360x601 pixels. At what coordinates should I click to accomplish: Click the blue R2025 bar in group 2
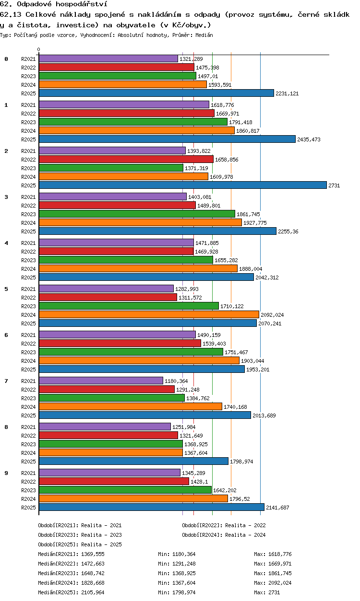[x=183, y=185]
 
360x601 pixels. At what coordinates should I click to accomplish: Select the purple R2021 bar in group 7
[x=101, y=381]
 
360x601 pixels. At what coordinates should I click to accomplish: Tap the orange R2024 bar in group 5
[x=149, y=314]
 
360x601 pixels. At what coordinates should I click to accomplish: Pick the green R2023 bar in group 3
[x=137, y=214]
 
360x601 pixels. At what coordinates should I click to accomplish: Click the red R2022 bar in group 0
[x=117, y=67]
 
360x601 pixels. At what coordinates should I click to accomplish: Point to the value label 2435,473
[x=309, y=139]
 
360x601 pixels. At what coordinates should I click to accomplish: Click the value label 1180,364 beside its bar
[x=176, y=381]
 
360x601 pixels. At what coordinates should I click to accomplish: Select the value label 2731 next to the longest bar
[x=334, y=185]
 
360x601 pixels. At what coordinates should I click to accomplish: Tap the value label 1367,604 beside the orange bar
[x=196, y=453]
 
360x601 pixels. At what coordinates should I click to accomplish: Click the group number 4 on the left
[x=6, y=243]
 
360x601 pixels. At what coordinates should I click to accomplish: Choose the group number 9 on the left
[x=6, y=473]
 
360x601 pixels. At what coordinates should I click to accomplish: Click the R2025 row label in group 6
[x=28, y=370]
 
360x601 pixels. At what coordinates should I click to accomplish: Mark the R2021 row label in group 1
[x=28, y=105]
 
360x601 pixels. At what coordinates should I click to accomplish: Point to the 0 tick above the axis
[x=39, y=49]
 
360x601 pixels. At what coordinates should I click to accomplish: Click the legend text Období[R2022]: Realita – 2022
[x=224, y=525]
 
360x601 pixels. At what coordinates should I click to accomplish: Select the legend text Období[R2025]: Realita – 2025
[x=80, y=544]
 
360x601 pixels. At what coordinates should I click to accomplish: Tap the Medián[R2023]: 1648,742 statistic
[x=71, y=573]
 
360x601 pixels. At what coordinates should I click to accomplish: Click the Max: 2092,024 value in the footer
[x=273, y=583]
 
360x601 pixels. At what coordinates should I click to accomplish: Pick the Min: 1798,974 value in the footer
[x=177, y=592]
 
